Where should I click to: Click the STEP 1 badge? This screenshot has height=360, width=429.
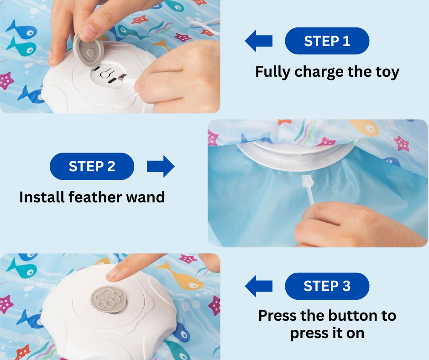[x=327, y=41]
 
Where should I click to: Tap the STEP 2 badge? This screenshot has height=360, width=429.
[x=92, y=166]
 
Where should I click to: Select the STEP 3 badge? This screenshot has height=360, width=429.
[x=327, y=286]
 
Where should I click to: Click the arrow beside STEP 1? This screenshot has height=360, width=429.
[x=259, y=41]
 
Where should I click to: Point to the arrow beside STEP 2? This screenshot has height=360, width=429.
[x=161, y=166]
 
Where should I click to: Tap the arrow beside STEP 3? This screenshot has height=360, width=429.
[x=259, y=286]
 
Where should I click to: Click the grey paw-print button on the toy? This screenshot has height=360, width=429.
[x=109, y=300]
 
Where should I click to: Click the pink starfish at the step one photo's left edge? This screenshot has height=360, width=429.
[x=6, y=80]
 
